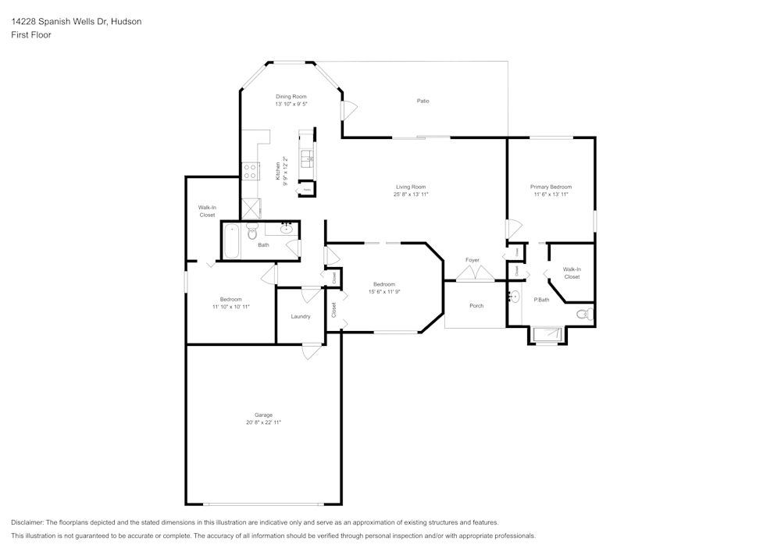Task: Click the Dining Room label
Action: (x=291, y=96)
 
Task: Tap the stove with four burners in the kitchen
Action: (x=251, y=170)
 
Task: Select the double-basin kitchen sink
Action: (x=307, y=158)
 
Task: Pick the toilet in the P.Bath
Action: (x=584, y=315)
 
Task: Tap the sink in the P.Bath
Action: (x=512, y=297)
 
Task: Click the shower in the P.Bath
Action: (x=547, y=335)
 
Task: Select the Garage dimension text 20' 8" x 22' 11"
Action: (x=263, y=422)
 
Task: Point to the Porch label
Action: (x=476, y=305)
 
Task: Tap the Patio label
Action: (x=423, y=101)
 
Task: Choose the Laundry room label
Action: (x=301, y=316)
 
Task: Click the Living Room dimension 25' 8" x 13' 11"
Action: (x=410, y=194)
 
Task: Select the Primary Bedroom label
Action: (x=551, y=187)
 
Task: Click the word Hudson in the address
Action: (x=127, y=22)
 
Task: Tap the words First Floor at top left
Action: (x=31, y=35)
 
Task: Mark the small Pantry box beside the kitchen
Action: (x=308, y=189)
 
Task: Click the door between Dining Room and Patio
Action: (x=348, y=110)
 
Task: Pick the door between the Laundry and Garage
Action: (x=312, y=351)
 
